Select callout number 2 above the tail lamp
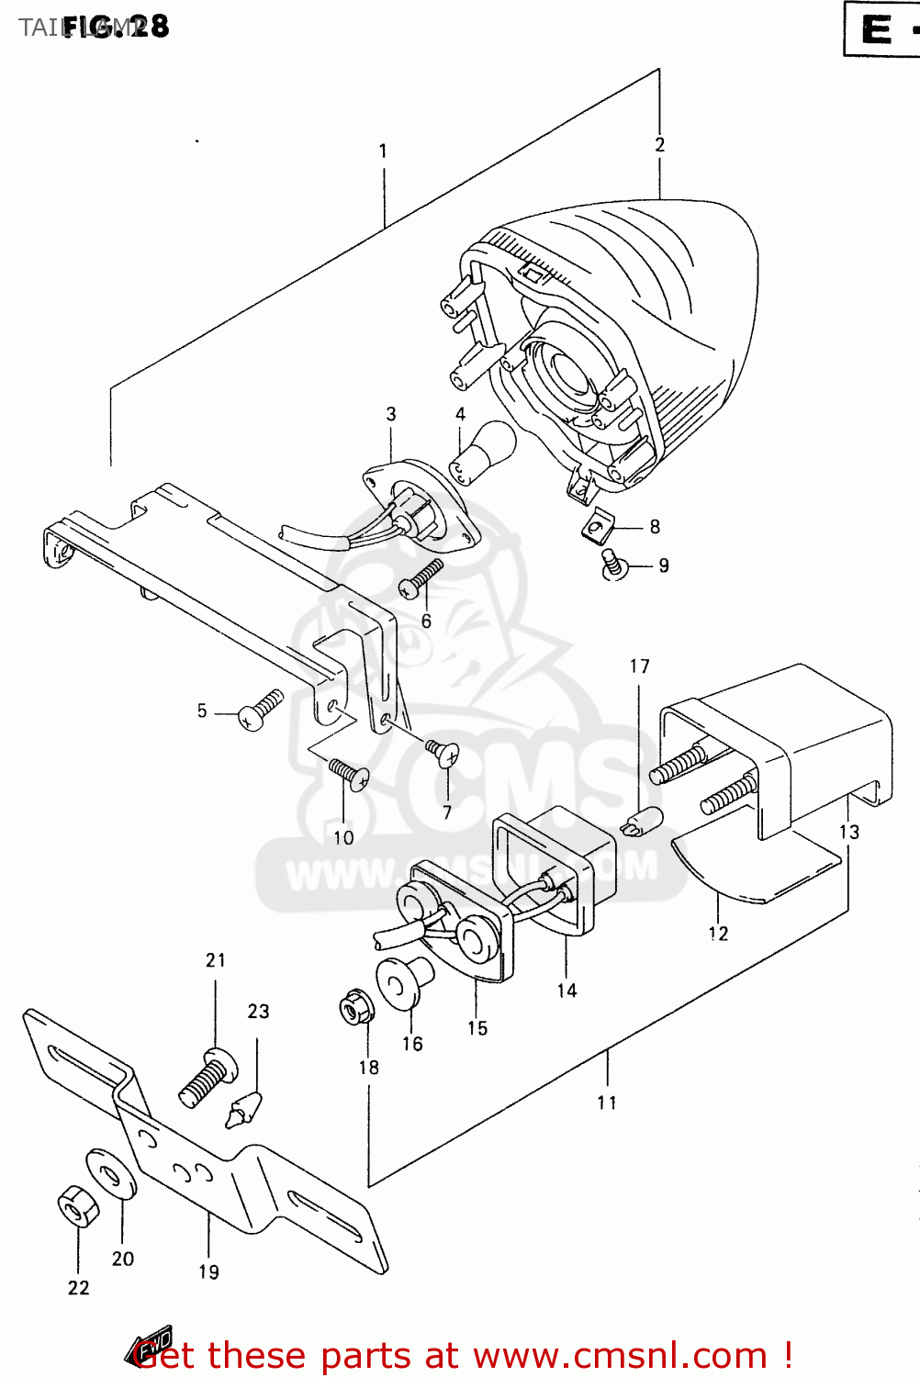click(x=659, y=145)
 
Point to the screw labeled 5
click(x=259, y=711)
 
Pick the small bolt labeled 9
click(x=612, y=564)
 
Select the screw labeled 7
click(x=443, y=752)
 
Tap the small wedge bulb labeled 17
click(x=642, y=820)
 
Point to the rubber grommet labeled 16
click(x=404, y=982)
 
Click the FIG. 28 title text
click(x=116, y=26)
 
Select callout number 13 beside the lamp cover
click(x=848, y=832)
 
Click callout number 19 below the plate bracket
click(x=208, y=1272)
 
